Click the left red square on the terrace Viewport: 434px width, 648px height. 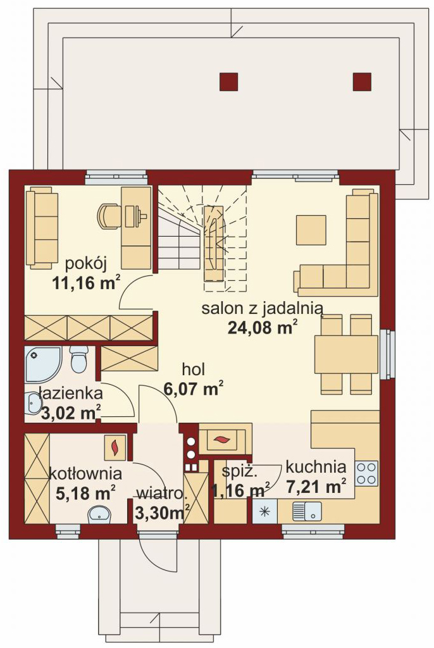pyautogui.click(x=229, y=82)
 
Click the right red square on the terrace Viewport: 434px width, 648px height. pyautogui.click(x=362, y=82)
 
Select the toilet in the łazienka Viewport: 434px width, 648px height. pyautogui.click(x=78, y=359)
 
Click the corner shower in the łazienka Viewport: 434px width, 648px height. pyautogui.click(x=43, y=364)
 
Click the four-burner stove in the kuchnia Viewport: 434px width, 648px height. pyautogui.click(x=367, y=473)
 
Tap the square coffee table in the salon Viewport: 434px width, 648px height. pyautogui.click(x=311, y=229)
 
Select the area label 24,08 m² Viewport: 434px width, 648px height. pyautogui.click(x=263, y=327)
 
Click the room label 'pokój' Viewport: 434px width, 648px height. pyautogui.click(x=86, y=263)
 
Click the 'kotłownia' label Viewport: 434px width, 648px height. pyautogui.click(x=85, y=473)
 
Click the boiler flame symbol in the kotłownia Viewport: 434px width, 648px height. pyautogui.click(x=115, y=447)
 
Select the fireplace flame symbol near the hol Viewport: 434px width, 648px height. pyautogui.click(x=223, y=439)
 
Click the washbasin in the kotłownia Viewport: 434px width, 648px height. pyautogui.click(x=99, y=514)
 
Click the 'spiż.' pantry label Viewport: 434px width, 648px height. pyautogui.click(x=240, y=472)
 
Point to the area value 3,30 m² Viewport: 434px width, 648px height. pyautogui.click(x=163, y=513)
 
